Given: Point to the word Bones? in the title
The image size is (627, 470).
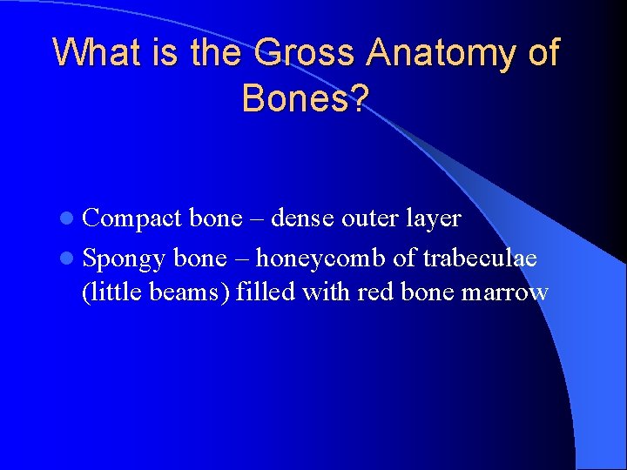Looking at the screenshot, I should (306, 98).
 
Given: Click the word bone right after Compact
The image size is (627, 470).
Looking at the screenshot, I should (215, 218).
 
